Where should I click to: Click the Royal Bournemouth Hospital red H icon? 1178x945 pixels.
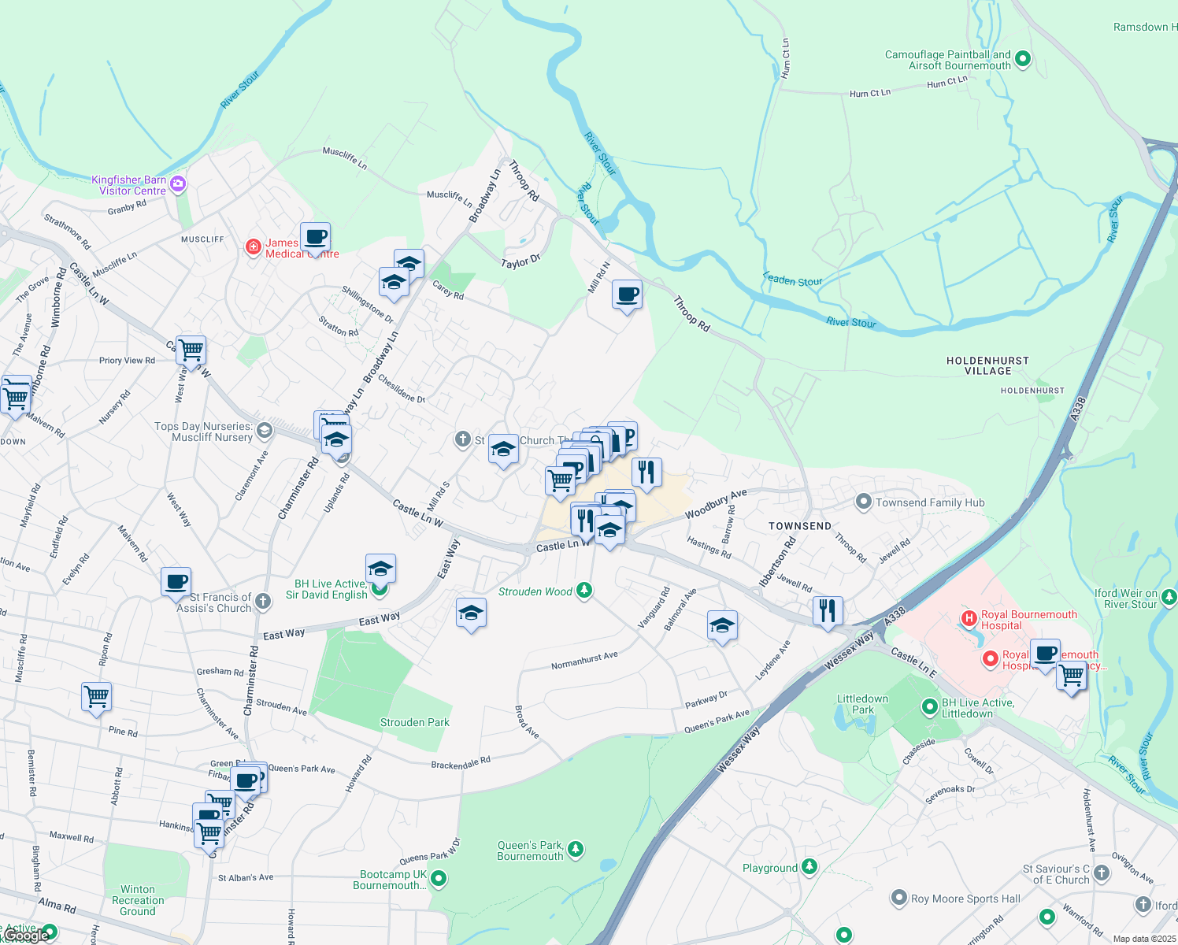click(969, 619)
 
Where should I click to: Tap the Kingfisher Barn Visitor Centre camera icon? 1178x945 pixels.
click(178, 184)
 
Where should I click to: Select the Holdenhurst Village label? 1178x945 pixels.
click(987, 365)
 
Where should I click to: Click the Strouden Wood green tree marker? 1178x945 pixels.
click(583, 591)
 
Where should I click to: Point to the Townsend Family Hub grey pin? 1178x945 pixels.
click(864, 502)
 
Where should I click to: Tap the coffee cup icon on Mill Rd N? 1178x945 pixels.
click(627, 295)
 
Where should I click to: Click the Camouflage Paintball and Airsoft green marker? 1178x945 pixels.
click(1023, 59)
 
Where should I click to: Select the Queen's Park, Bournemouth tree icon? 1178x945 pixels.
click(576, 848)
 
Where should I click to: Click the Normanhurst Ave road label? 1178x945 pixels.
click(584, 661)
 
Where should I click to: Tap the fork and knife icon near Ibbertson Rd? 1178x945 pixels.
click(828, 610)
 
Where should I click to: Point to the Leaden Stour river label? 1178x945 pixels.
click(792, 280)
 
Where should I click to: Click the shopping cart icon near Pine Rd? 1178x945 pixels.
click(96, 697)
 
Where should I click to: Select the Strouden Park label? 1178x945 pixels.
click(414, 722)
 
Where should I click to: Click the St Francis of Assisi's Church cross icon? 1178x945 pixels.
click(263, 602)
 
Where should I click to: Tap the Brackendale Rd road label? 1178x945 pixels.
click(461, 763)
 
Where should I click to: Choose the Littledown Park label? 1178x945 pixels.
click(862, 704)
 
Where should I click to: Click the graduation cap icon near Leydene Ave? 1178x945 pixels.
click(722, 626)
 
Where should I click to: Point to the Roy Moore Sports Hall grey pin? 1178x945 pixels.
click(898, 898)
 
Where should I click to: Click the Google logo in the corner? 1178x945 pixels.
click(25, 936)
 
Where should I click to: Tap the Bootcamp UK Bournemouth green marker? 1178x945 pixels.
click(439, 878)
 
